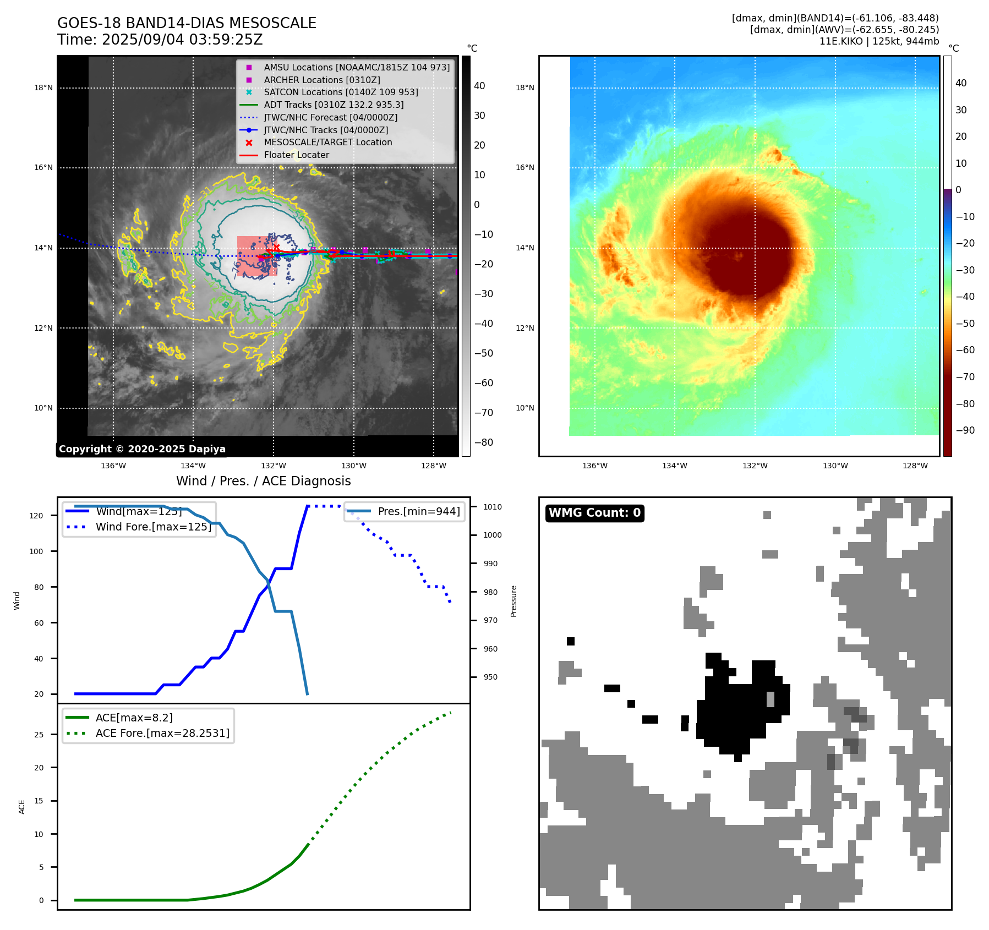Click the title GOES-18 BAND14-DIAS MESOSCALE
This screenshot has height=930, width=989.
(x=187, y=23)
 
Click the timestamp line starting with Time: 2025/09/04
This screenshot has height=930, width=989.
(x=160, y=40)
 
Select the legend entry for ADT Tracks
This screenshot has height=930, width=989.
(x=334, y=105)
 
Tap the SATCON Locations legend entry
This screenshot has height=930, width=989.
(x=341, y=92)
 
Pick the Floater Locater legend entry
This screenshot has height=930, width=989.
(x=296, y=155)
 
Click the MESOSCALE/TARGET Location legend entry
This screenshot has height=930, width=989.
(x=328, y=142)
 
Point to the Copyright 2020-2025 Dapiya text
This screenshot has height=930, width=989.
(x=142, y=449)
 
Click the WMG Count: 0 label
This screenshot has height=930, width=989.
(x=594, y=513)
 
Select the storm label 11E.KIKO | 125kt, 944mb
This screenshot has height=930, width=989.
(x=879, y=41)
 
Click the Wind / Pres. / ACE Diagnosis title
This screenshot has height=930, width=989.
(x=263, y=481)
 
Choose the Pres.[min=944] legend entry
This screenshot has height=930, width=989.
(x=419, y=511)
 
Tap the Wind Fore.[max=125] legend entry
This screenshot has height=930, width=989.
(x=154, y=527)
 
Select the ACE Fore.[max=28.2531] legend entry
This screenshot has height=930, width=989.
(x=162, y=733)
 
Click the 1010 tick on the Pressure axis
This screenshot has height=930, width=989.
(x=493, y=507)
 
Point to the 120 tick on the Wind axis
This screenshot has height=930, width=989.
(x=36, y=516)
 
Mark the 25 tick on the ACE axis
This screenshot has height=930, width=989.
(x=39, y=735)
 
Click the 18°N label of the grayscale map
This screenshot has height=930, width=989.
(x=43, y=87)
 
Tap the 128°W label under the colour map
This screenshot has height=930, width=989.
(x=915, y=466)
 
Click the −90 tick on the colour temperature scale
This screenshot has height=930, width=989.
(x=965, y=430)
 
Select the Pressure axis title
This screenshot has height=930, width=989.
(x=513, y=601)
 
